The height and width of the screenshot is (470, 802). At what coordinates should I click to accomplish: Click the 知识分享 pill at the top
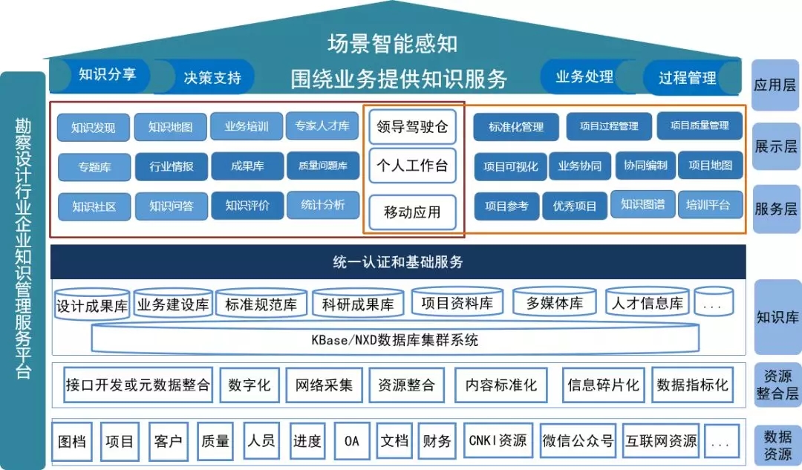(x=102, y=74)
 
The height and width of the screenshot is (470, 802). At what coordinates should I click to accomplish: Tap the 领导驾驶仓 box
(x=413, y=126)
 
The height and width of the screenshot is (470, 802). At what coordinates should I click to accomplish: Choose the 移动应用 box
(x=413, y=212)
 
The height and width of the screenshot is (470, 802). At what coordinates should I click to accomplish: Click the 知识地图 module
(x=170, y=127)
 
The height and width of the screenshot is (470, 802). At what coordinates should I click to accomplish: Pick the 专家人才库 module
(x=322, y=126)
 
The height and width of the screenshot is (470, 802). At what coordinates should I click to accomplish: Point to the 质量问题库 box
(x=322, y=166)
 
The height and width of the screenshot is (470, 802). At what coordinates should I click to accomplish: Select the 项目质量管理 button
(x=700, y=126)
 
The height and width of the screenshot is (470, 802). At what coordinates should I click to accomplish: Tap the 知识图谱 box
(x=643, y=205)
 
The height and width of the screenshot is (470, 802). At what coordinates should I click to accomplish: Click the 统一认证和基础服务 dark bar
(x=398, y=262)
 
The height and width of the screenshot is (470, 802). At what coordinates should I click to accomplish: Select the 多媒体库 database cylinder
(x=555, y=303)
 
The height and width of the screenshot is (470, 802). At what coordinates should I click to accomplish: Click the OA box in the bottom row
(x=352, y=441)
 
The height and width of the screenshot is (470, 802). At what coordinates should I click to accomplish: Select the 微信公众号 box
(x=578, y=441)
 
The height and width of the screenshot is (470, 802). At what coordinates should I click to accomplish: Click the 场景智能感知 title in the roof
(x=393, y=43)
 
